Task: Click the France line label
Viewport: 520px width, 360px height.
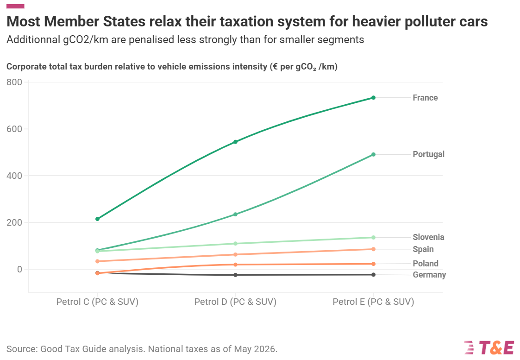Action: [425, 98]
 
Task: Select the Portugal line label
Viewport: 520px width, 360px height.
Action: [428, 154]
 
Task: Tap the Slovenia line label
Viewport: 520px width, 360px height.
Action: [428, 237]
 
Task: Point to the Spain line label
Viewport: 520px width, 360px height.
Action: [423, 249]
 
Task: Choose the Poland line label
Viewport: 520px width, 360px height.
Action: [426, 264]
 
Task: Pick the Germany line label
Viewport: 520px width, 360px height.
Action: [429, 275]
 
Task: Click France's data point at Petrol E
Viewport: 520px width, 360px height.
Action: [373, 98]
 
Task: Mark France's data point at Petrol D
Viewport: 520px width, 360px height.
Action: [236, 142]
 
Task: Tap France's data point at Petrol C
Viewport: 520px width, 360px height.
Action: [98, 219]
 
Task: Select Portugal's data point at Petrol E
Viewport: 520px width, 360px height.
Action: [373, 154]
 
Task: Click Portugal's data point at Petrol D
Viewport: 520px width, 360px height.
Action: [236, 215]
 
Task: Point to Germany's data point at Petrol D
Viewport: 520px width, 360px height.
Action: [236, 275]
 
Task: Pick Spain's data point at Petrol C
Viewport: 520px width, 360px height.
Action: [98, 261]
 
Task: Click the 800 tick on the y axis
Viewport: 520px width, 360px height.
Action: [14, 82]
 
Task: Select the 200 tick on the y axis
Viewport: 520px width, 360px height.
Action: [14, 222]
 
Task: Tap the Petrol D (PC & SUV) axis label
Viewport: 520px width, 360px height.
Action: [235, 302]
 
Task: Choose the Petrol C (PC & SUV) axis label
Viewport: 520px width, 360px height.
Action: [97, 302]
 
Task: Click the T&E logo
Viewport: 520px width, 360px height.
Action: [489, 347]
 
